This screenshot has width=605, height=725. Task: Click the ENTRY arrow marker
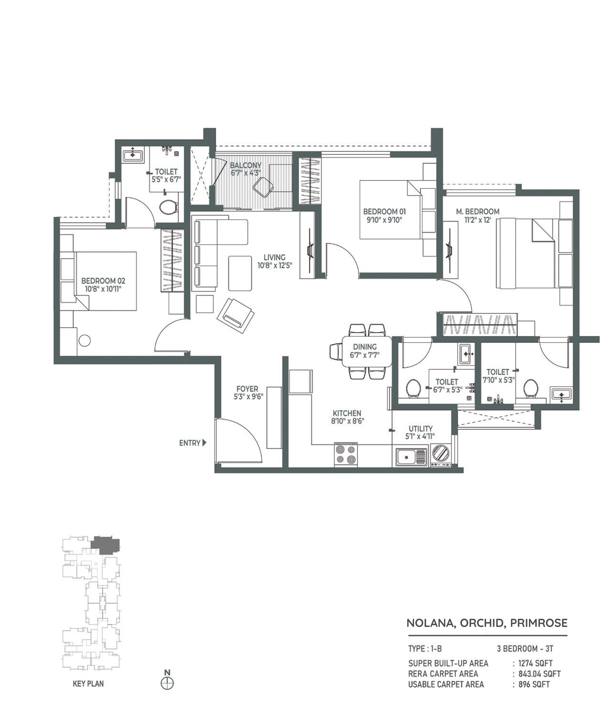[204, 442]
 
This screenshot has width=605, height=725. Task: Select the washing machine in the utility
[440, 453]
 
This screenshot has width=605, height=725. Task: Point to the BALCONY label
[246, 165]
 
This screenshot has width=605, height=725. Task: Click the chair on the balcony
[263, 187]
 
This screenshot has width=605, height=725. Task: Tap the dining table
[367, 351]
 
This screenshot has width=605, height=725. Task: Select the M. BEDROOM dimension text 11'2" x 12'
[477, 220]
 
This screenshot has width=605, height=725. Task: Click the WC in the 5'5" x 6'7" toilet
[168, 207]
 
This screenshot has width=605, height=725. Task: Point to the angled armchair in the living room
[236, 315]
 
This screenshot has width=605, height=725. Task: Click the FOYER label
[247, 389]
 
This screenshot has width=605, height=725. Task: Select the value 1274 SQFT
[535, 663]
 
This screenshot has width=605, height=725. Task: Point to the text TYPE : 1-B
[425, 649]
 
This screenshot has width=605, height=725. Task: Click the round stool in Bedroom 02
[84, 340]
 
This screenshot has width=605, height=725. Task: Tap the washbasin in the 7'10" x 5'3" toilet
[561, 394]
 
